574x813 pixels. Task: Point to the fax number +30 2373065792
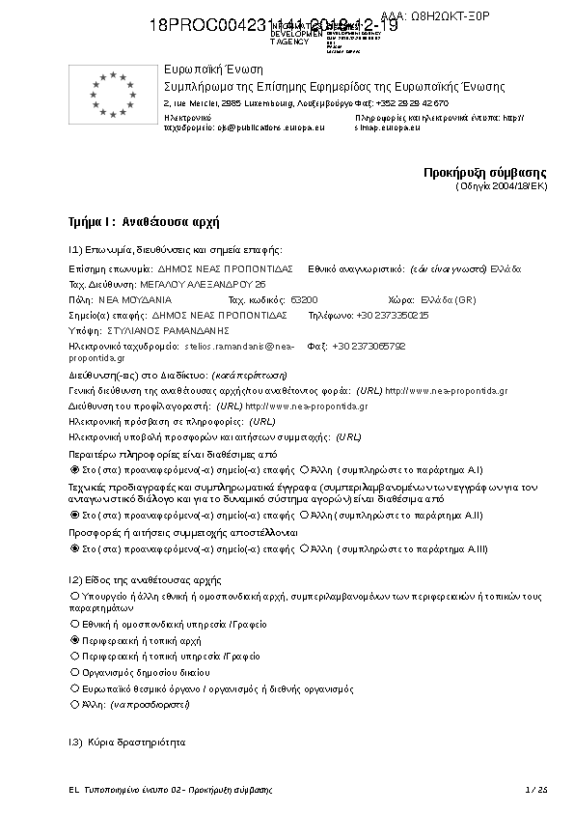click(369, 346)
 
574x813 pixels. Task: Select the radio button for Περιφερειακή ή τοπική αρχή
click(75, 640)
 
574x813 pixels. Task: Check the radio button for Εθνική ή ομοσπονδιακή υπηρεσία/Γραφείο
click(75, 625)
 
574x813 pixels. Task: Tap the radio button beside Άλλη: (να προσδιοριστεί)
click(75, 706)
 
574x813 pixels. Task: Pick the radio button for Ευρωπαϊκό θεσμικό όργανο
click(75, 689)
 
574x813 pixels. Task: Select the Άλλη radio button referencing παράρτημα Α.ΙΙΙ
click(304, 548)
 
